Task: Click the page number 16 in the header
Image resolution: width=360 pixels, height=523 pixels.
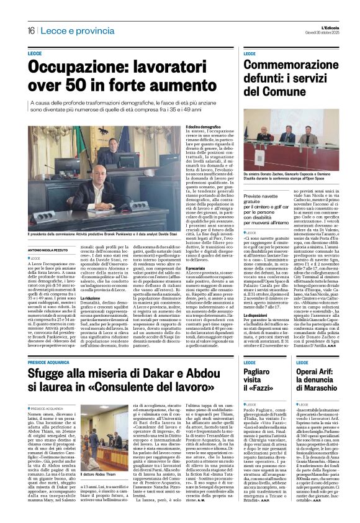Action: [30, 31]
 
